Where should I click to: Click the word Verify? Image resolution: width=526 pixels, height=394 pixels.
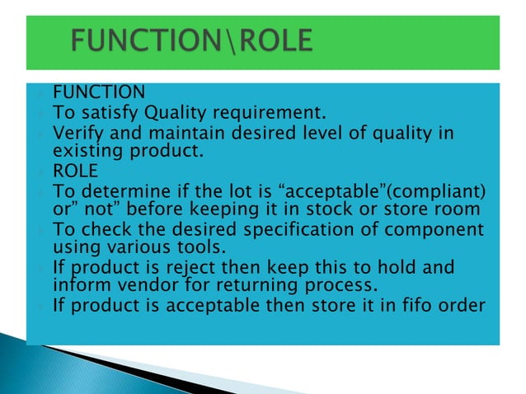77,133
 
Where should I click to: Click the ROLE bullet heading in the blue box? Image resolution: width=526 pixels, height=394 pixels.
75,171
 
